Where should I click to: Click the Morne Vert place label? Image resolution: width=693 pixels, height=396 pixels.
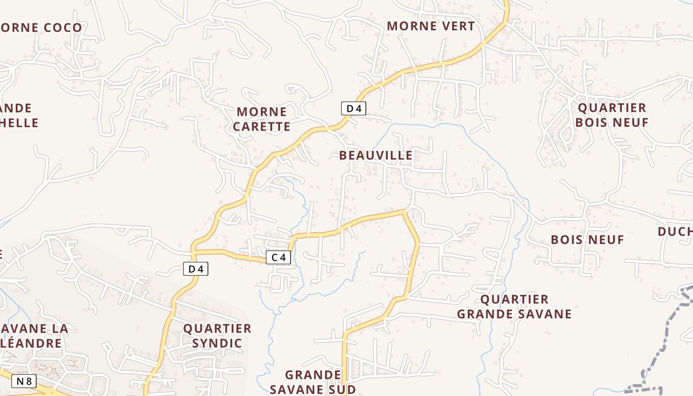[431, 26]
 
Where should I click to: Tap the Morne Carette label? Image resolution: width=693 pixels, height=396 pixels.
[261, 119]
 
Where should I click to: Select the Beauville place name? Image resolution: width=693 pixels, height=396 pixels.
[376, 155]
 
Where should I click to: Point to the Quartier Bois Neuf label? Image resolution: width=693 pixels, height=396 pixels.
[612, 115]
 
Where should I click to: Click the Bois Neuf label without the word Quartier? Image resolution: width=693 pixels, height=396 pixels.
[588, 240]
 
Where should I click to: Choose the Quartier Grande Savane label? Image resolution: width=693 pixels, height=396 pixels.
[514, 306]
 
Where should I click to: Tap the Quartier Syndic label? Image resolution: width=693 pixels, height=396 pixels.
[217, 336]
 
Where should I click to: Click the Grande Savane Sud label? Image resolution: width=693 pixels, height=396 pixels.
[313, 382]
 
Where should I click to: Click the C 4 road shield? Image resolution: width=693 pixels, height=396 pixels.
[278, 257]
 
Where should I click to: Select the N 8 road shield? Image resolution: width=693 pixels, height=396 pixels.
[24, 381]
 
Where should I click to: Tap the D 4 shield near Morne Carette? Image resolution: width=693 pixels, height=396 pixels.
[353, 108]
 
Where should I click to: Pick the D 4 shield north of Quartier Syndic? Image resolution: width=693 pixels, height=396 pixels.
[196, 269]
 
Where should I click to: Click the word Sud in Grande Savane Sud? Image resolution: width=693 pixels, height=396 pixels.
[338, 389]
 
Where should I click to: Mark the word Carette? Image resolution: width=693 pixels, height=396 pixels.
[261, 127]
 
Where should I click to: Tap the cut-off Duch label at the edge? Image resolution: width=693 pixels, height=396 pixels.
[676, 232]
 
